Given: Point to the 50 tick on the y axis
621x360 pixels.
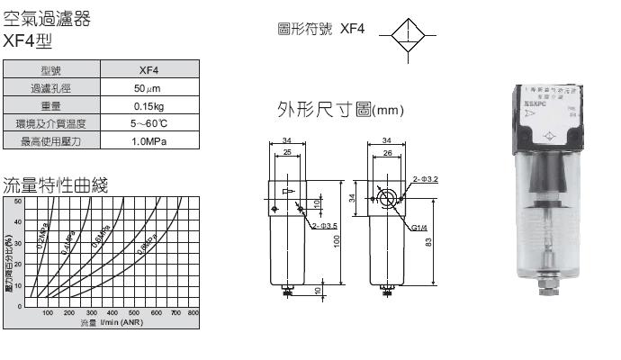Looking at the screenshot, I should (x=16, y=200).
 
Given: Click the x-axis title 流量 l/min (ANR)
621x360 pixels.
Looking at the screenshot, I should (x=111, y=322).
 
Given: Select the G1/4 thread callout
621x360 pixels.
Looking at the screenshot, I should (x=418, y=229).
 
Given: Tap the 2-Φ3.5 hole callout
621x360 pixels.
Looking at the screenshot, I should (x=324, y=225).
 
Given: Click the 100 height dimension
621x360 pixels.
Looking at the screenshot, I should (x=337, y=241).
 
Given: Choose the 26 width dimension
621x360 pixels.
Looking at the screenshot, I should (x=385, y=153).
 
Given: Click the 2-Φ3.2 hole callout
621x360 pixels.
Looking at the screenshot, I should (x=425, y=179).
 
